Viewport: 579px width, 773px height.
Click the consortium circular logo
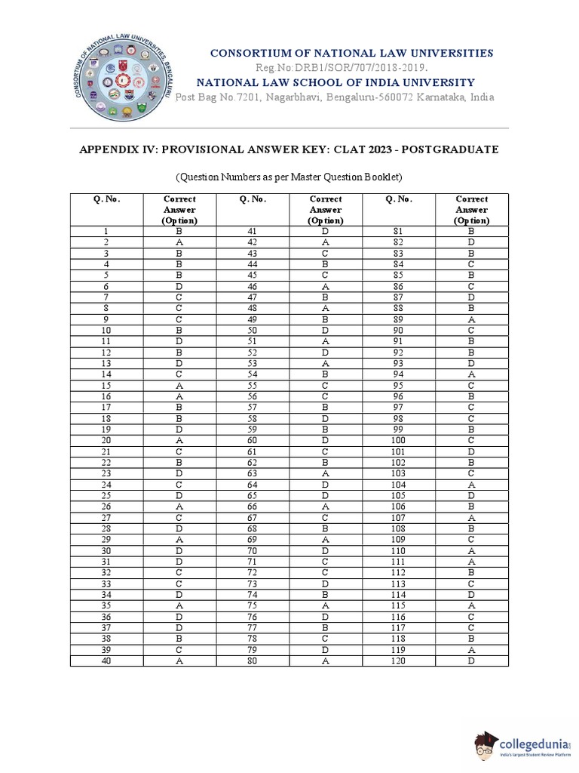[121, 79]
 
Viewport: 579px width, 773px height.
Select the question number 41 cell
[253, 232]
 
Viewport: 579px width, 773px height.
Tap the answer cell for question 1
[179, 232]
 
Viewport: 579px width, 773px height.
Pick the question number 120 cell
[398, 661]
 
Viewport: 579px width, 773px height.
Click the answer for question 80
[325, 661]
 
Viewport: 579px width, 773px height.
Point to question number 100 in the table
[398, 440]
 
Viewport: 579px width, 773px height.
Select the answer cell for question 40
[179, 661]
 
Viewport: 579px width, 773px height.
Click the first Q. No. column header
[107, 199]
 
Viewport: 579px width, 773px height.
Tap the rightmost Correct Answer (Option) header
[471, 210]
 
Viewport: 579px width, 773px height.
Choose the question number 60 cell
[253, 440]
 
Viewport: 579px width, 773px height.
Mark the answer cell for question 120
[471, 661]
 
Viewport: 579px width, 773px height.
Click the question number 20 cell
[107, 440]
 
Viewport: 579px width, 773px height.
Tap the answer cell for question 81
[471, 232]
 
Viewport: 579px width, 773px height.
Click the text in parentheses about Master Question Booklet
[289, 177]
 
